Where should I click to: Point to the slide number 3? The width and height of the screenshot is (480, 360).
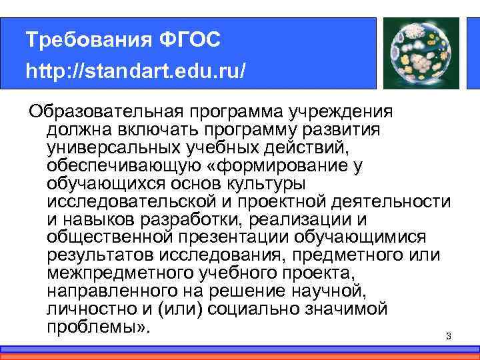(449, 337)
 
